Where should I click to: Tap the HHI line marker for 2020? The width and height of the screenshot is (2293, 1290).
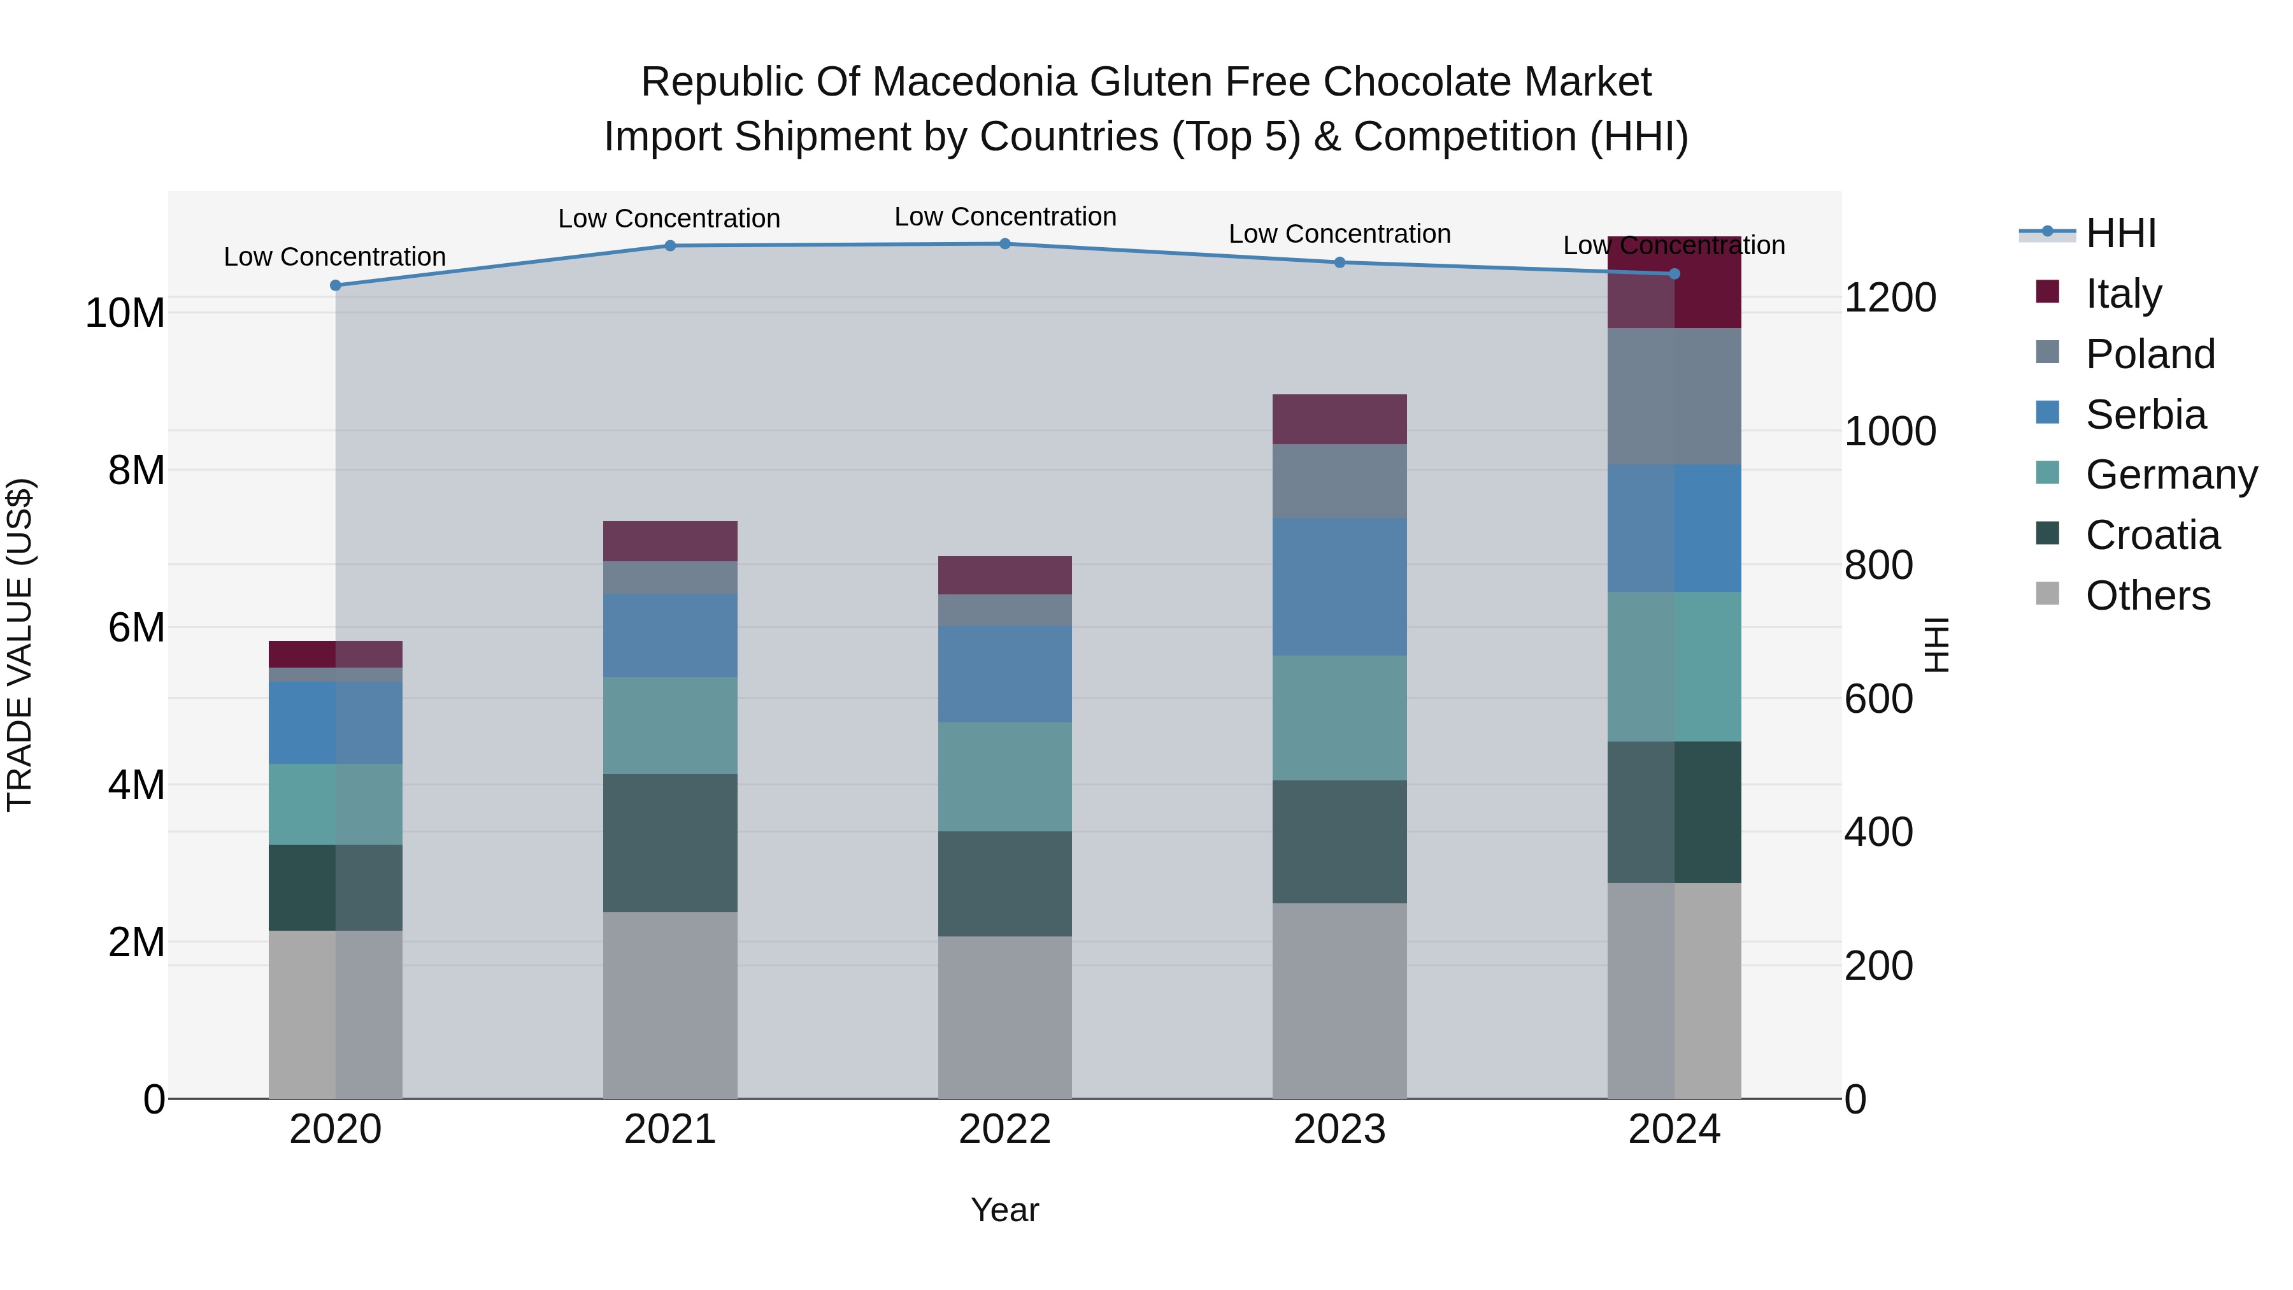pos(336,286)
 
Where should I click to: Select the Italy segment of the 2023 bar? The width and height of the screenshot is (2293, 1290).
pos(1339,419)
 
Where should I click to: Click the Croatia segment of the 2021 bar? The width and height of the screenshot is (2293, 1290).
pos(670,842)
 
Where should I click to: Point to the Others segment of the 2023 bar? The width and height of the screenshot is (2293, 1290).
pos(1339,1001)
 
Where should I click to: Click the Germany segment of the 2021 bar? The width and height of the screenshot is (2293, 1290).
pos(670,726)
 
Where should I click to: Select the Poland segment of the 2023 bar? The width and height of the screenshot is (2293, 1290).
pos(1339,481)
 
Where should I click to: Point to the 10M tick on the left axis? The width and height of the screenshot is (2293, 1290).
pos(125,313)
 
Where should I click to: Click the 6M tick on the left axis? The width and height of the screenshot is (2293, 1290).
pos(136,627)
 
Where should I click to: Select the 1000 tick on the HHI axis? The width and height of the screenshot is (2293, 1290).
pos(1889,432)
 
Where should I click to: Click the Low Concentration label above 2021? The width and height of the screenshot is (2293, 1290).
pos(669,219)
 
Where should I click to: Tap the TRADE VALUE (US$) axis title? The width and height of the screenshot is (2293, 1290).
pos(20,645)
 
